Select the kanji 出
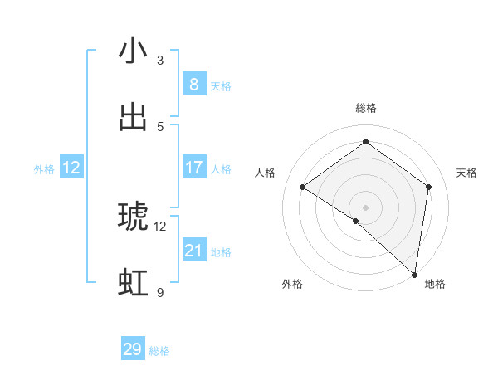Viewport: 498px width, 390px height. click(133, 117)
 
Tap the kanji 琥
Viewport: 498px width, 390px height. click(133, 217)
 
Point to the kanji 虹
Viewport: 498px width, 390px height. click(133, 283)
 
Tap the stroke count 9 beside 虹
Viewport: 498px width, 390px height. click(160, 293)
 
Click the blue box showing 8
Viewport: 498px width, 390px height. click(193, 84)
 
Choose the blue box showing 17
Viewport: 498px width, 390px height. click(193, 168)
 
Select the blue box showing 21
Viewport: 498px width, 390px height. click(193, 251)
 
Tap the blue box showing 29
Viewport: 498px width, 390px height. click(133, 349)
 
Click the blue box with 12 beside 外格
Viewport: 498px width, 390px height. click(71, 168)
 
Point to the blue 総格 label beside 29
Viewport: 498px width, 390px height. click(159, 351)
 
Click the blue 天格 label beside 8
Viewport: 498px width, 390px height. click(220, 86)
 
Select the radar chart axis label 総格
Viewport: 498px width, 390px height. click(365, 108)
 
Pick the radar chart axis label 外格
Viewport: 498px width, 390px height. click(292, 284)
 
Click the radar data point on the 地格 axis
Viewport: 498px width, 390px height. click(415, 274)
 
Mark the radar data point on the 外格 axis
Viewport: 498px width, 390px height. click(356, 221)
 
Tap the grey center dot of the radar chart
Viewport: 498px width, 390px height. click(365, 207)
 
